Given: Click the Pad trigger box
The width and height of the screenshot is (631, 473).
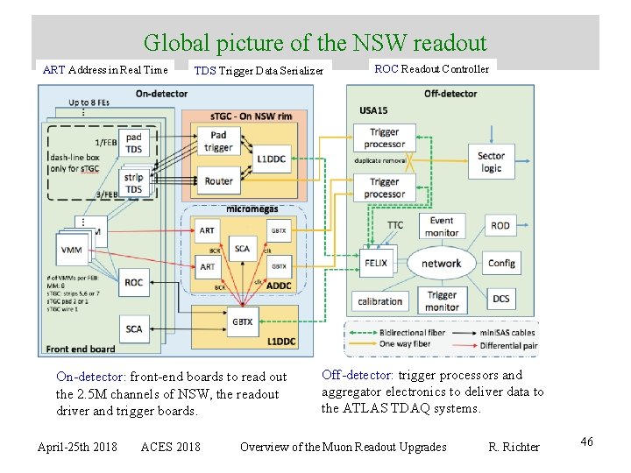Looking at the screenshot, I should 218,142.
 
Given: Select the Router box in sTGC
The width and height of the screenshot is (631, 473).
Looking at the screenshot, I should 218,181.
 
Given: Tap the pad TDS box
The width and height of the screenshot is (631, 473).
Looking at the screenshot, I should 133,143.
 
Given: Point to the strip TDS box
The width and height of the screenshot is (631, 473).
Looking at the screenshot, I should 133,182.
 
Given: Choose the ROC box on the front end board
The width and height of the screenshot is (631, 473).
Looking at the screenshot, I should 133,283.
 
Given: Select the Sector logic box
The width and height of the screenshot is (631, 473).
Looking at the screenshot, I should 491,162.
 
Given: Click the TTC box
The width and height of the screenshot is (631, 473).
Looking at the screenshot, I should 395,225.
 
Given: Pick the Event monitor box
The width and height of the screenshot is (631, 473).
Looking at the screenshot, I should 442,226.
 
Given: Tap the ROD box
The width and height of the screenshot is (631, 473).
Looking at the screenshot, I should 500,225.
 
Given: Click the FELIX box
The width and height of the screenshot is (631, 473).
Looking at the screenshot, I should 375,263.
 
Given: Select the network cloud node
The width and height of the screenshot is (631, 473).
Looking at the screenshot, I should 441,263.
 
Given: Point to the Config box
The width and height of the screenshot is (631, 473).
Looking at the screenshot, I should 501,263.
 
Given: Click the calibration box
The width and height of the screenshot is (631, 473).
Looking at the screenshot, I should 380,301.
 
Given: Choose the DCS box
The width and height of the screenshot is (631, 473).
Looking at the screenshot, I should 500,299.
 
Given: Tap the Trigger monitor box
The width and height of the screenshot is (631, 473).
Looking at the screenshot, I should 442,301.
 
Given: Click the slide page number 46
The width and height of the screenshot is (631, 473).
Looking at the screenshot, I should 586,441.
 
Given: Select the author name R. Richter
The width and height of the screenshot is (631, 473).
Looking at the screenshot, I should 514,447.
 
